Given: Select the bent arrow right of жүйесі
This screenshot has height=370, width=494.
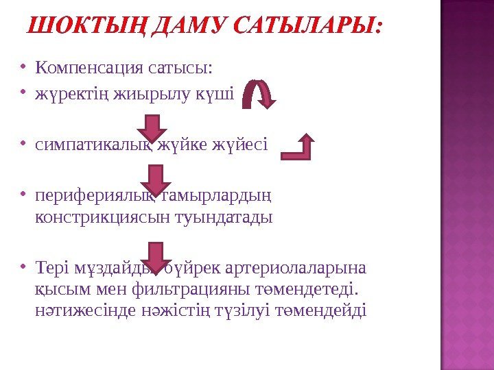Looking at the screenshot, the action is [299, 147].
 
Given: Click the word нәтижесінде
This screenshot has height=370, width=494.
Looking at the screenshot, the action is [78, 310].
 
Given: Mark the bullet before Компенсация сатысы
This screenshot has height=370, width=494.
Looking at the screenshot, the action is [23, 68].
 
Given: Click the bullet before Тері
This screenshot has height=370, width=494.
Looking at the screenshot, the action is [23, 267].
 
